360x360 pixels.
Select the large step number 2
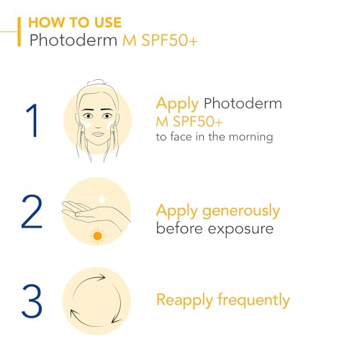31,208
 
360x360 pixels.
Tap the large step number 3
31,300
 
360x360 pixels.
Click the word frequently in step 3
253,300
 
